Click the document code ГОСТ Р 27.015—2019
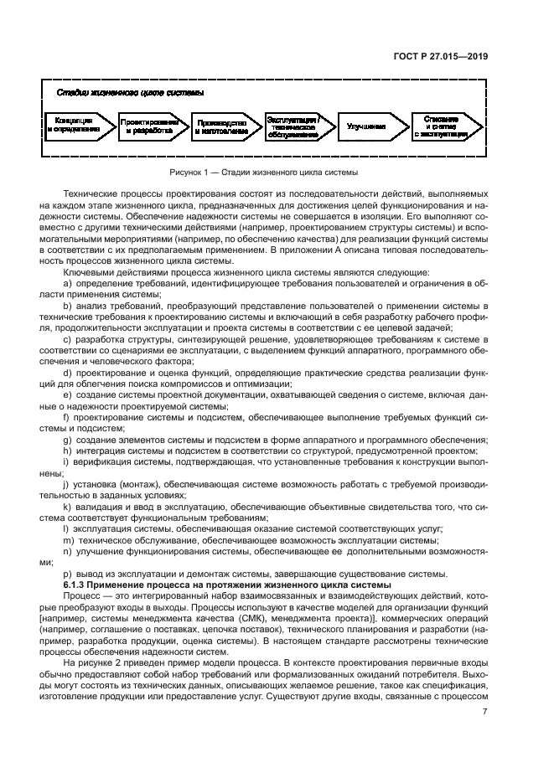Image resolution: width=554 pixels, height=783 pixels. (x=444, y=57)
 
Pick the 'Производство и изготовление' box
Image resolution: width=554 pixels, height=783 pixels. (x=222, y=126)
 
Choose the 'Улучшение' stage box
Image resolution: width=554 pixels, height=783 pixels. (x=366, y=126)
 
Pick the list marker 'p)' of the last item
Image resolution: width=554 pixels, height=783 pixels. (x=78, y=573)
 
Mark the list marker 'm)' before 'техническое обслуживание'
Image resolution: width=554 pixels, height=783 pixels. (x=80, y=541)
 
